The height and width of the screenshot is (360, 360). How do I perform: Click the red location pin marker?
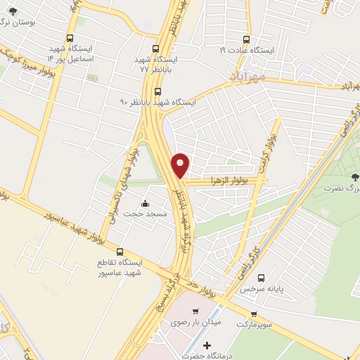(x=181, y=165)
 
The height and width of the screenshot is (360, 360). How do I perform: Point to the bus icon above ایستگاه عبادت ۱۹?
(x=246, y=39)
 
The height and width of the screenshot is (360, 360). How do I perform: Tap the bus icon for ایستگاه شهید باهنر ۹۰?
(x=157, y=91)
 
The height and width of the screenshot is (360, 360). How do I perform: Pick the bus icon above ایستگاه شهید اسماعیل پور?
(x=69, y=39)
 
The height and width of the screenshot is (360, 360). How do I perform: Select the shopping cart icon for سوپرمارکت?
(x=254, y=314)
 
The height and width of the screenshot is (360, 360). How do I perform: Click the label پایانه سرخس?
(x=255, y=288)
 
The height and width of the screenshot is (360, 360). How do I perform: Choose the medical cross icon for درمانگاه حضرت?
(x=206, y=345)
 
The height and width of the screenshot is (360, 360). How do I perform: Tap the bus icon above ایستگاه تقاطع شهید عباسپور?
(x=119, y=251)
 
